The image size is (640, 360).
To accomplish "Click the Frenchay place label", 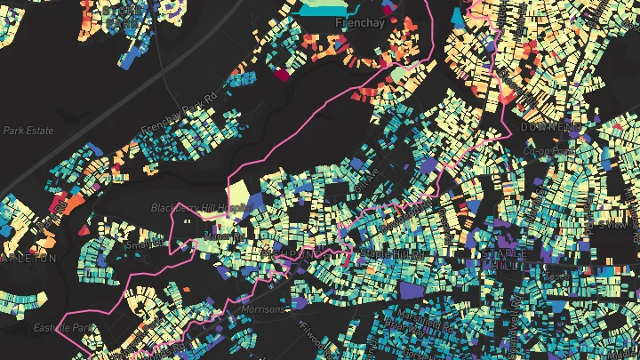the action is (360, 23).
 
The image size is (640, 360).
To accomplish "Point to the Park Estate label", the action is (28, 131).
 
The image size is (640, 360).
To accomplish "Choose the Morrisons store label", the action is (262, 310).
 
